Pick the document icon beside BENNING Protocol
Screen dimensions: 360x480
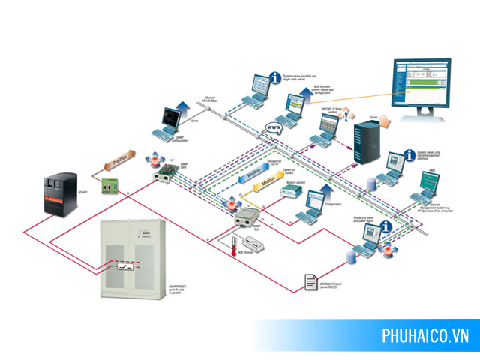tap(310, 281)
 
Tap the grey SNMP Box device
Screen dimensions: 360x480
tap(248, 218)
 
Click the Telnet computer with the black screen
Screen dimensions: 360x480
tap(170, 120)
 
